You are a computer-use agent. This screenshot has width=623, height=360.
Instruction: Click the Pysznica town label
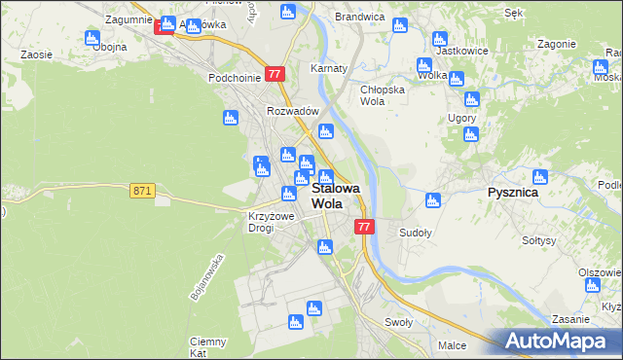(512, 193)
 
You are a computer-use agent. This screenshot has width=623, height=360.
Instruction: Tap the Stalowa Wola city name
(335, 197)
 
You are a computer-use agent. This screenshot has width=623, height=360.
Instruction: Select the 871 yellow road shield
(141, 192)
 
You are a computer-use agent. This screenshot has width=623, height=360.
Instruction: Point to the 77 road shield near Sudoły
(364, 227)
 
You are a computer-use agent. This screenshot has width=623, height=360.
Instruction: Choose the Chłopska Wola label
(381, 94)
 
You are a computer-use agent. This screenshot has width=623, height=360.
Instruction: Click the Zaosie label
(36, 55)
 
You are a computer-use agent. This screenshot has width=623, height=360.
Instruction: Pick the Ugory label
(461, 118)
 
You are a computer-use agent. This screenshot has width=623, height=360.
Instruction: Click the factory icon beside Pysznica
(540, 177)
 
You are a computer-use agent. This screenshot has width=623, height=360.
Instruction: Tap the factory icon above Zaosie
(92, 39)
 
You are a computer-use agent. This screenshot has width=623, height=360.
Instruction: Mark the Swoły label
(399, 322)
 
